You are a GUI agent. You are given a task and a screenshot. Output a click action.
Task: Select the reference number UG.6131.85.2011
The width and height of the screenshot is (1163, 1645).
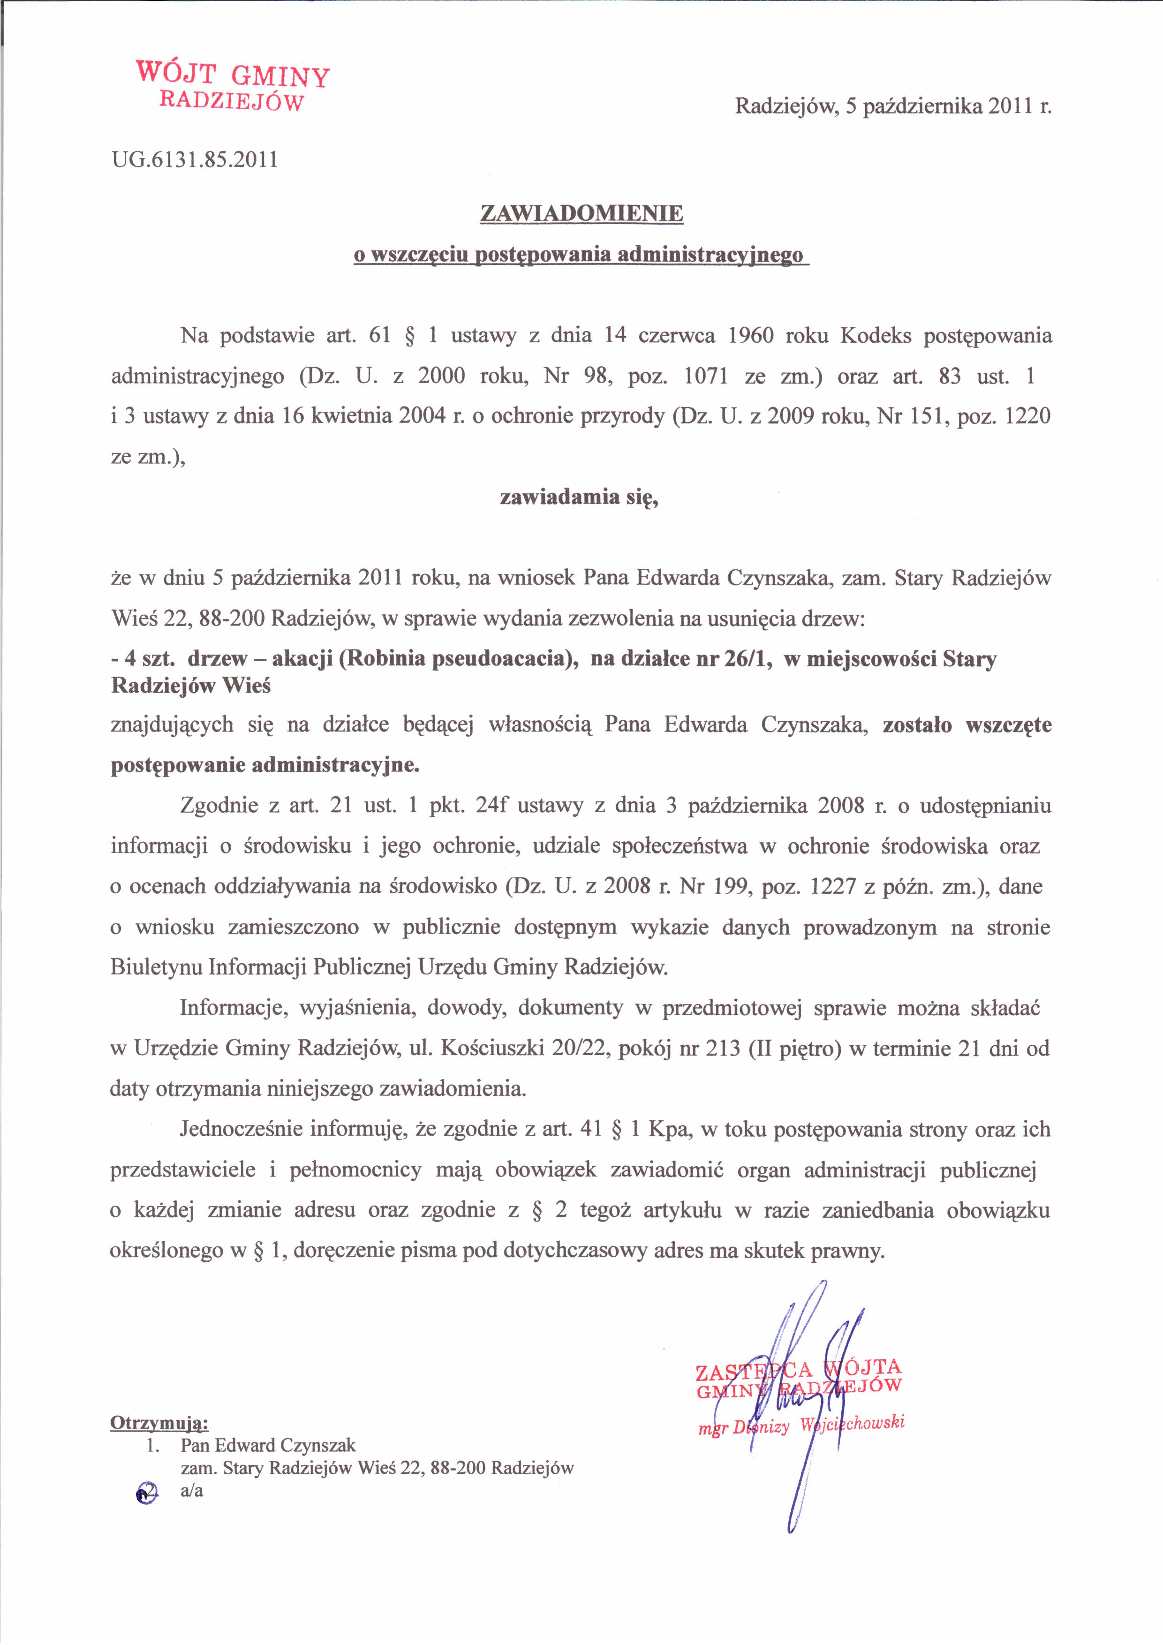pos(194,159)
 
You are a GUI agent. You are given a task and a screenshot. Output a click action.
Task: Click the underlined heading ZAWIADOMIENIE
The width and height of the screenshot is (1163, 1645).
pos(581,213)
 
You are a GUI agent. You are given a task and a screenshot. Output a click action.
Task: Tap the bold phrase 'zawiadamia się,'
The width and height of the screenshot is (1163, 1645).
pos(579,497)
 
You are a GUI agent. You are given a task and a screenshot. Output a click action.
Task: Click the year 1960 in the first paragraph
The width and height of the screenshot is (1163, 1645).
pos(750,335)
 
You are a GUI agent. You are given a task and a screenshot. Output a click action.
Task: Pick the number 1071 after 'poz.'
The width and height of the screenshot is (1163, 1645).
pos(706,376)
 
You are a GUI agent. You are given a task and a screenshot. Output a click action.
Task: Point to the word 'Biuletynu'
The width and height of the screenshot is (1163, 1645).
pos(156,968)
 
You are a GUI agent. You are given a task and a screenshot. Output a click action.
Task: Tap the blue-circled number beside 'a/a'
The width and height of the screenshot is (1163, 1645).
pos(146,1491)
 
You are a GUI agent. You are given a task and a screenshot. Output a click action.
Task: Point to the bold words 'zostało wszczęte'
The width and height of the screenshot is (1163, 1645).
pos(967,725)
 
